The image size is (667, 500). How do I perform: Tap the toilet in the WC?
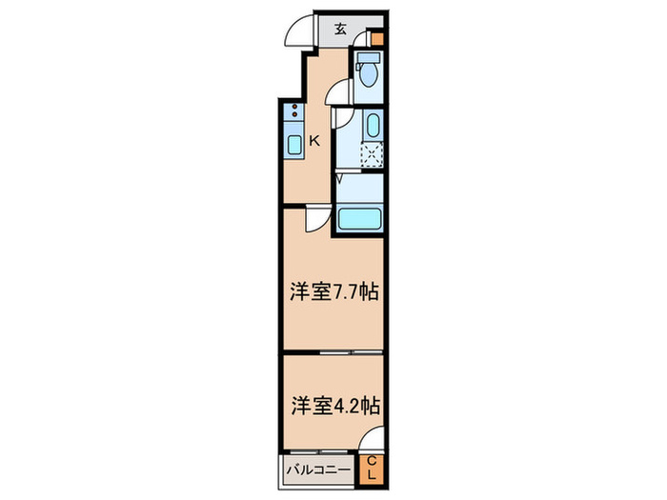[x=369, y=70]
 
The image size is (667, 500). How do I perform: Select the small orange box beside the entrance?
[x=377, y=40]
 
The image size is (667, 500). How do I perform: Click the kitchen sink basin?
[x=294, y=145]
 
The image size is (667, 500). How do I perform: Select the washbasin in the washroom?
[x=373, y=125]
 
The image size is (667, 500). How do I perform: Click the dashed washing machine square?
[x=371, y=154]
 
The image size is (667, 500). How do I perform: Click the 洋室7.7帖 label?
[x=333, y=292]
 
